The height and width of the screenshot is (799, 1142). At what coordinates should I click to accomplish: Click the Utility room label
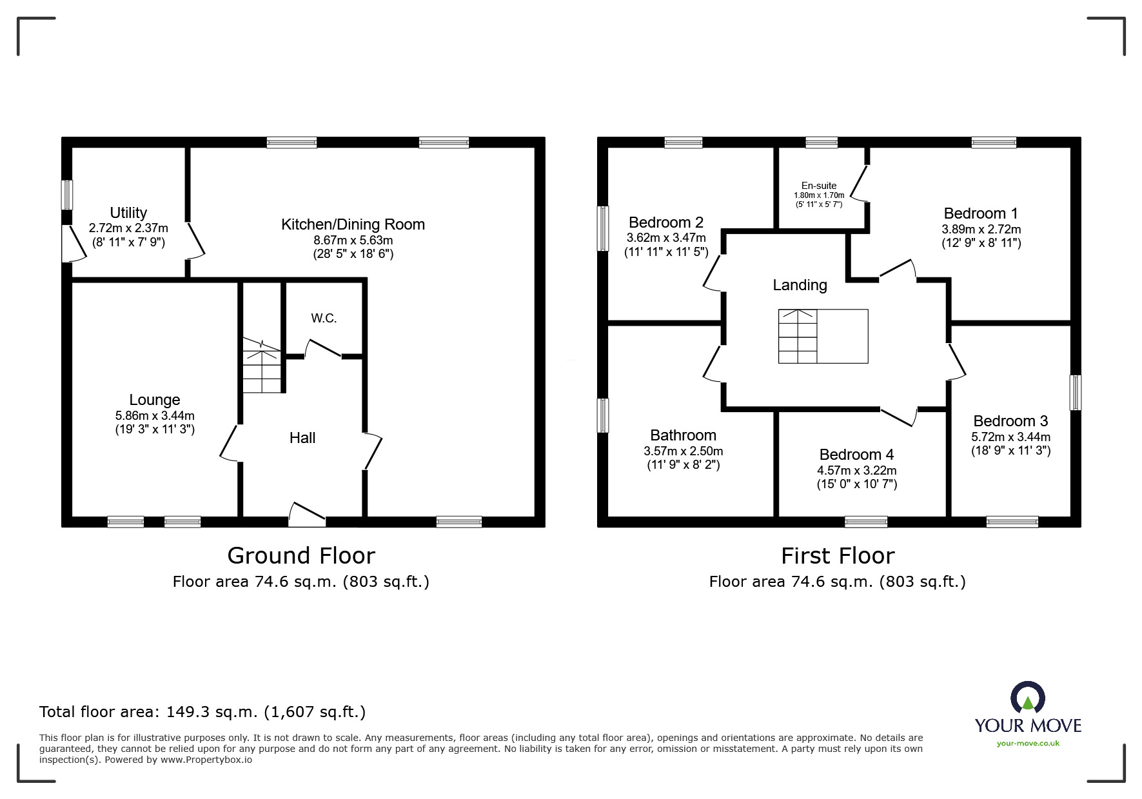(128, 213)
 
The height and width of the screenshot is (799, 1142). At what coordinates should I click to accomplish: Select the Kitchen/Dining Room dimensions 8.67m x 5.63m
(353, 241)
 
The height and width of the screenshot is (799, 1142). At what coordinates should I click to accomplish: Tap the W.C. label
(324, 318)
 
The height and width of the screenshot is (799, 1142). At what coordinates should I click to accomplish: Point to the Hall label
(302, 438)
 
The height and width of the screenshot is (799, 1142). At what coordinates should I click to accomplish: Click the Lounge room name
(154, 400)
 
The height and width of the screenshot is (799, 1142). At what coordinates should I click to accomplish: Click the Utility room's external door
(73, 244)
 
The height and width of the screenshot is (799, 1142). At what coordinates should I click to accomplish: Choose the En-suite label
(819, 186)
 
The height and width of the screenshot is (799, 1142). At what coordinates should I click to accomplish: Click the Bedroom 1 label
(980, 213)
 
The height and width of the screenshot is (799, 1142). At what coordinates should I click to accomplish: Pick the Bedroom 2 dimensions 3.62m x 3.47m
(665, 238)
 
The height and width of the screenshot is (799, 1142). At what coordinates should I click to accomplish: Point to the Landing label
(800, 285)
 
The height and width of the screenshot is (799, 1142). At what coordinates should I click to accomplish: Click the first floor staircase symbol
(823, 336)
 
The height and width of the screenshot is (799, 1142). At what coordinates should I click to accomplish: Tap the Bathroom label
(683, 435)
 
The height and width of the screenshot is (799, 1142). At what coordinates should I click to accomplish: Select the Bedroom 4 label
(856, 455)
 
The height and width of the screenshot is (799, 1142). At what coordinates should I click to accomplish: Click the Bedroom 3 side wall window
(1075, 392)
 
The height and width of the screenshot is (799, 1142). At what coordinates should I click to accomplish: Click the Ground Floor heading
(301, 555)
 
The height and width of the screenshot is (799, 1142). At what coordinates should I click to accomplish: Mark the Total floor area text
(202, 712)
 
